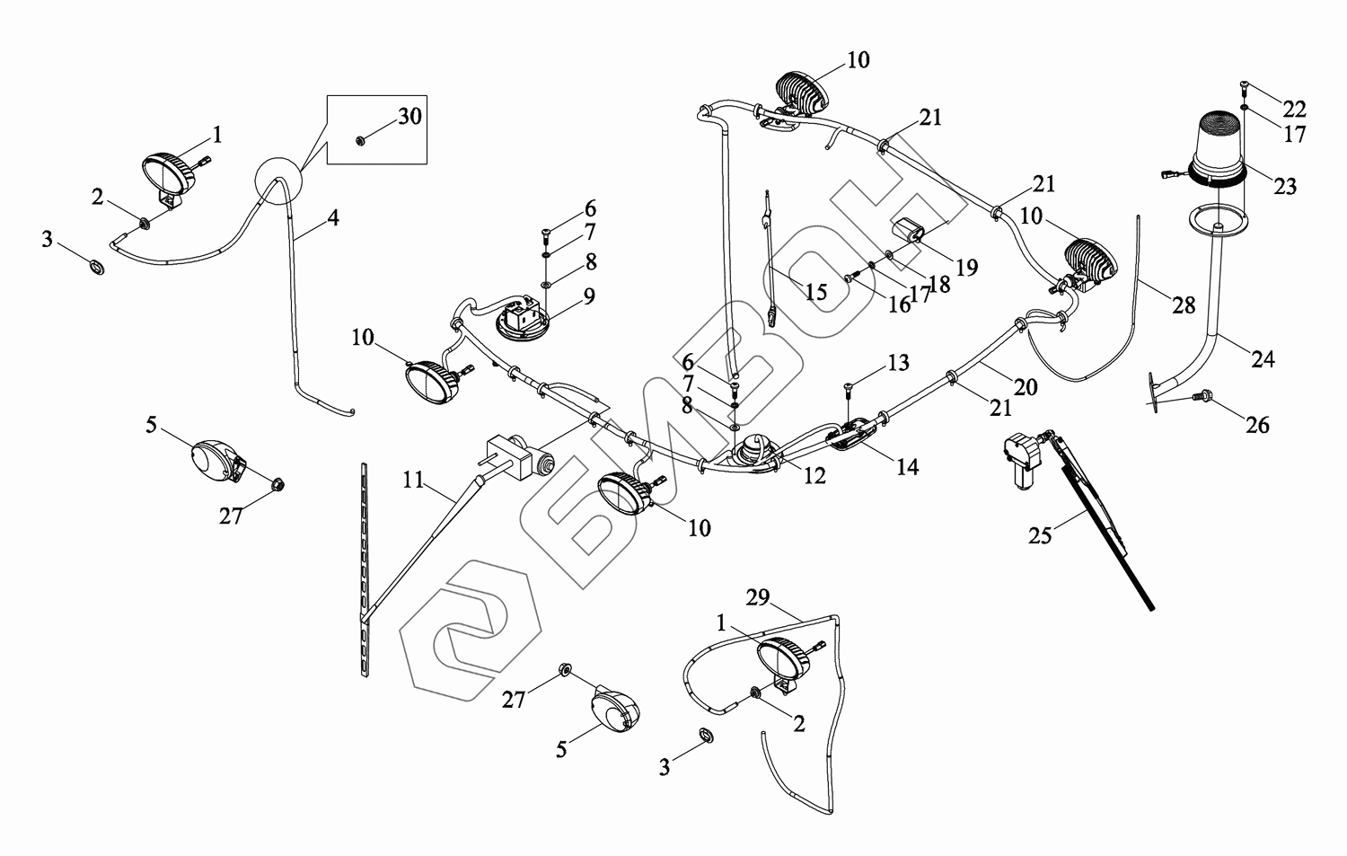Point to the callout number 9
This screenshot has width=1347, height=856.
pyautogui.click(x=589, y=296)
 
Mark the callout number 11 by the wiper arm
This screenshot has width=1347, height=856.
pyautogui.click(x=413, y=480)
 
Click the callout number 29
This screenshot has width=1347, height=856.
pyautogui.click(x=759, y=597)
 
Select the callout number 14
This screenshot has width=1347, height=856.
pyautogui.click(x=907, y=466)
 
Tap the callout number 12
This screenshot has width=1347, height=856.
pyautogui.click(x=814, y=477)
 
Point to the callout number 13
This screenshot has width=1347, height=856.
pyautogui.click(x=898, y=363)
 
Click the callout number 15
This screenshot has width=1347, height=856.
pyautogui.click(x=815, y=292)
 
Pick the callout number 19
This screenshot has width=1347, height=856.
pyautogui.click(x=966, y=267)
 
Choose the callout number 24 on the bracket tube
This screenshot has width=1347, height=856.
pyautogui.click(x=1263, y=359)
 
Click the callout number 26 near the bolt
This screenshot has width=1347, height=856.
pyautogui.click(x=1258, y=424)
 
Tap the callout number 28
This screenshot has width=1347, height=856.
pyautogui.click(x=1184, y=305)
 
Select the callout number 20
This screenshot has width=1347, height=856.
pyautogui.click(x=1026, y=387)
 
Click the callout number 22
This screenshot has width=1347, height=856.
pyautogui.click(x=1294, y=110)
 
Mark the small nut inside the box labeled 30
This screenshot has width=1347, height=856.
pyautogui.click(x=359, y=141)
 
